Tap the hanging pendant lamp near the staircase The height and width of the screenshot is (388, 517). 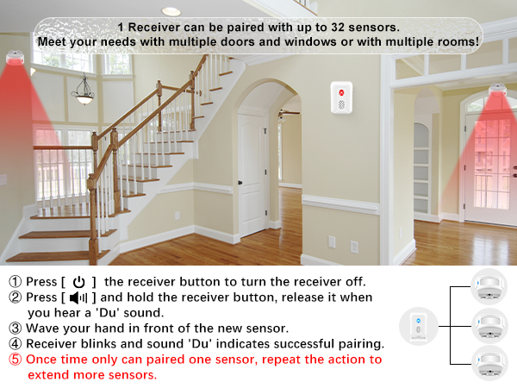pos(84,97)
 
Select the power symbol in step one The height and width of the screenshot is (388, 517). pos(79,282)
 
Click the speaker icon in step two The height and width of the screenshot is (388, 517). pos(78,297)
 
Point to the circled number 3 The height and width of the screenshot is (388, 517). pos(16,329)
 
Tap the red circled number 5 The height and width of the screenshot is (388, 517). pos(16,360)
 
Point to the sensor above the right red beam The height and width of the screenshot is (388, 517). pos(499,89)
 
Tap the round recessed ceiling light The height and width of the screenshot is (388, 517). pos(171,11)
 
